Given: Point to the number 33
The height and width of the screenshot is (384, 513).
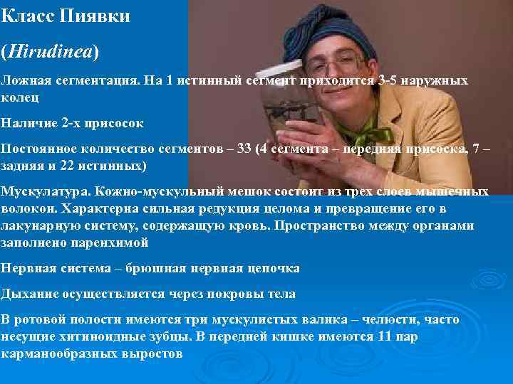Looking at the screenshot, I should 244,149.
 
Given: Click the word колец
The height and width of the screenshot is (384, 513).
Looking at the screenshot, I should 21,97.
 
